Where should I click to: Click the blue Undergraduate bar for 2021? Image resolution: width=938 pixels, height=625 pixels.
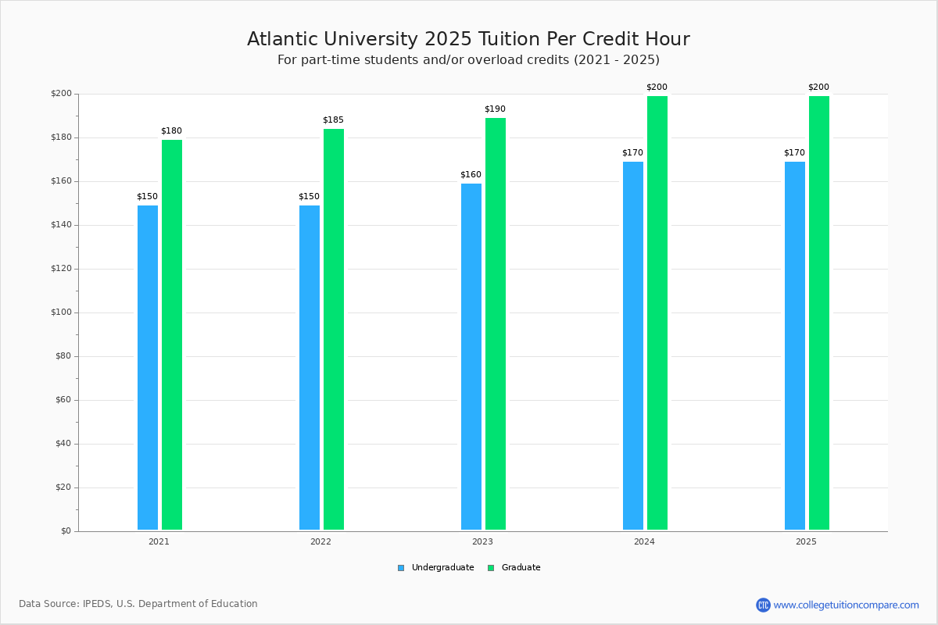pyautogui.click(x=148, y=367)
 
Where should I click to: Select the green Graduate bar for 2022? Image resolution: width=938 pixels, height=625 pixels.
pyautogui.click(x=334, y=329)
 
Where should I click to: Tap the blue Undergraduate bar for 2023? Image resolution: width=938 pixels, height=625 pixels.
pyautogui.click(x=471, y=357)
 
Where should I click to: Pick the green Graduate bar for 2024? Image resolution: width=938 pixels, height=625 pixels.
pyautogui.click(x=657, y=312)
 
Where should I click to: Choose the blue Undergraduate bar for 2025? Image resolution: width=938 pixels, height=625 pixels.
pyautogui.click(x=795, y=346)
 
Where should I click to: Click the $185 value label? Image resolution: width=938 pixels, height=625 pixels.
pyautogui.click(x=333, y=120)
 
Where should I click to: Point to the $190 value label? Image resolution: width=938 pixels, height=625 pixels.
pyautogui.click(x=495, y=109)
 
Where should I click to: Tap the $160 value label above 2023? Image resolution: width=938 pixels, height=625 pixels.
pyautogui.click(x=471, y=174)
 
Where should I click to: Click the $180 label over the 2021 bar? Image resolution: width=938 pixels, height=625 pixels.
pyautogui.click(x=172, y=131)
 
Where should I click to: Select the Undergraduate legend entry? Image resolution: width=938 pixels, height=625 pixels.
pyautogui.click(x=436, y=568)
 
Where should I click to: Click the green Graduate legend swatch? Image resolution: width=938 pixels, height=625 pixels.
pyautogui.click(x=491, y=568)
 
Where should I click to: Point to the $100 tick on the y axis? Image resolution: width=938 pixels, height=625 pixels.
pyautogui.click(x=62, y=312)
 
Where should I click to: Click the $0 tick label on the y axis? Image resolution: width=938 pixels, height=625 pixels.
pyautogui.click(x=66, y=531)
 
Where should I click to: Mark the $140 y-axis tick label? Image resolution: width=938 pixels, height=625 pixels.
pyautogui.click(x=62, y=225)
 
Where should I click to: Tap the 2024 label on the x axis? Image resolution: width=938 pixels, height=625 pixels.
pyautogui.click(x=644, y=541)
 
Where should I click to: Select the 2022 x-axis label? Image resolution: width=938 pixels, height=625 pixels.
pyautogui.click(x=320, y=541)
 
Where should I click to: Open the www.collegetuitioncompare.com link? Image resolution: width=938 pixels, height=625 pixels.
pyautogui.click(x=847, y=605)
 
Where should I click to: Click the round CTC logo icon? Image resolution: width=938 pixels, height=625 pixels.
pyautogui.click(x=763, y=605)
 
